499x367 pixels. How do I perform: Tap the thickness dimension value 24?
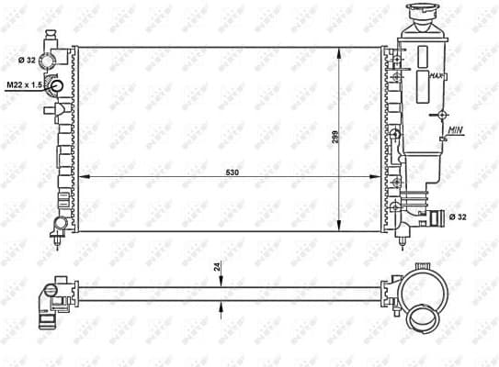pyautogui.click(x=217, y=268)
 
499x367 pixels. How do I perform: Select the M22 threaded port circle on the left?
pyautogui.click(x=57, y=88)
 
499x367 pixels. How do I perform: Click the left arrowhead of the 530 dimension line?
pyautogui.click(x=85, y=177)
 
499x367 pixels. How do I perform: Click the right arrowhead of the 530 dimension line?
pyautogui.click(x=377, y=177)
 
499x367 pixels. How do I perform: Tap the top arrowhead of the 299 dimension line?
pyautogui.click(x=340, y=48)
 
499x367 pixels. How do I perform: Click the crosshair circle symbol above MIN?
pyautogui.click(x=443, y=114)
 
